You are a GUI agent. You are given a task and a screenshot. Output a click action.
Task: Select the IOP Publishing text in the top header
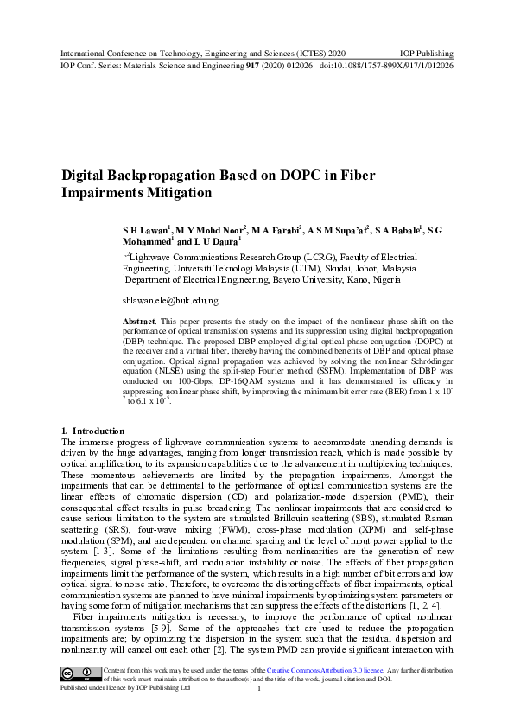(x=426, y=53)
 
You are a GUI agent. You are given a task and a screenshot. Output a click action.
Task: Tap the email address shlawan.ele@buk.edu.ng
(x=170, y=300)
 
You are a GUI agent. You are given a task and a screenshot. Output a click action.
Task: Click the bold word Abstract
(x=140, y=321)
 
